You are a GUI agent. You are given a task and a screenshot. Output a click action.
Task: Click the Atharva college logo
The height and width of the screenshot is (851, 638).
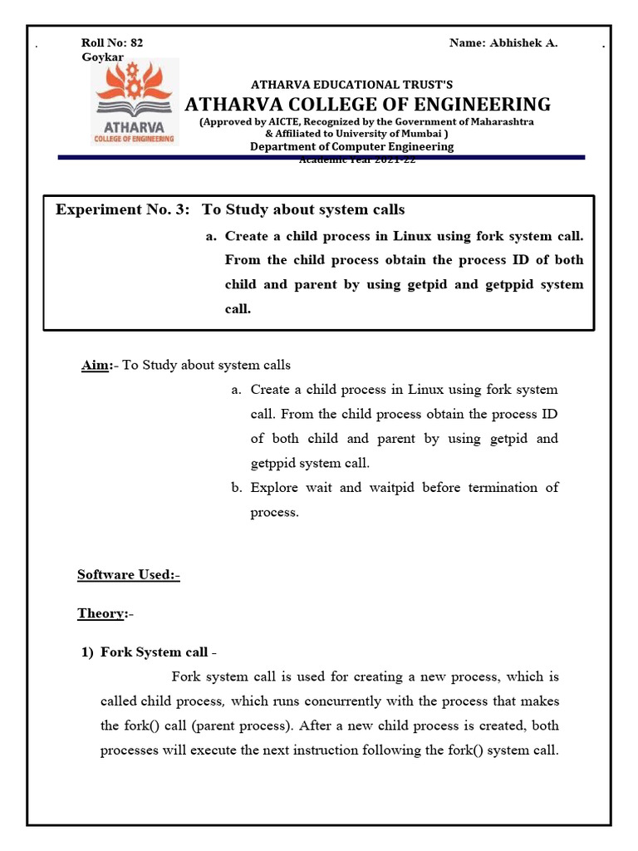(x=135, y=102)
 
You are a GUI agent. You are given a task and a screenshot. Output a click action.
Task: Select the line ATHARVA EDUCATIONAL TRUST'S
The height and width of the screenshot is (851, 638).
(x=352, y=85)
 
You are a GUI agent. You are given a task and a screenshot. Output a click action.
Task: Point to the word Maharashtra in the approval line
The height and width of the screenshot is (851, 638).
(x=498, y=122)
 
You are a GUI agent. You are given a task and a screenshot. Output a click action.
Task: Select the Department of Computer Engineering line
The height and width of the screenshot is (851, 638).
(x=352, y=146)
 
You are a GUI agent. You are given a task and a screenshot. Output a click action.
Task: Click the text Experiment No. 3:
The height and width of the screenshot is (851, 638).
(x=123, y=210)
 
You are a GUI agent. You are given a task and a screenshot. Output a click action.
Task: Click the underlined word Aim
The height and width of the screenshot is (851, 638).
(x=95, y=366)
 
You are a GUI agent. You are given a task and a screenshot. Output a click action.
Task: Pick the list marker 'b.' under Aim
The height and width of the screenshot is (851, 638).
(x=237, y=488)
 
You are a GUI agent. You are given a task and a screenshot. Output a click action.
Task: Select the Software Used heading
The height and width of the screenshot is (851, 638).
(x=128, y=574)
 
